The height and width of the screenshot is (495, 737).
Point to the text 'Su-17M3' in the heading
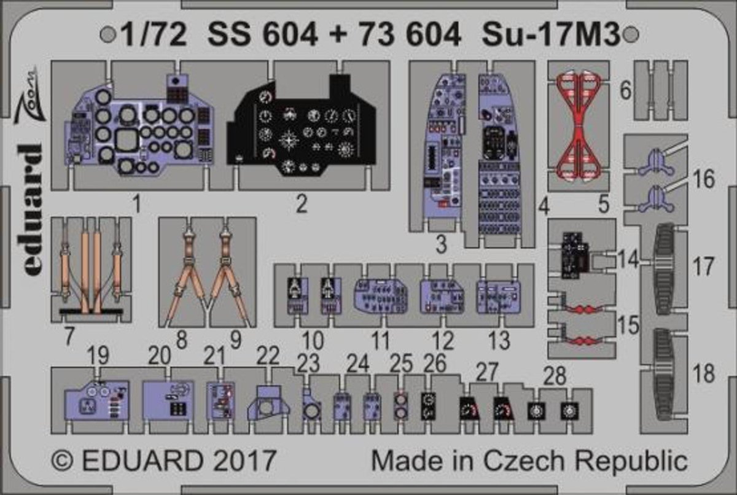coord(551,34)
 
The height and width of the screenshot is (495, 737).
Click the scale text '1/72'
coord(154,34)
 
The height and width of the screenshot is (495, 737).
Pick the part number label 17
coord(703,267)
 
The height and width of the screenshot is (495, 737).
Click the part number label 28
coord(555,376)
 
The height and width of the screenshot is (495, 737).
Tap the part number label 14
coord(628,259)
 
